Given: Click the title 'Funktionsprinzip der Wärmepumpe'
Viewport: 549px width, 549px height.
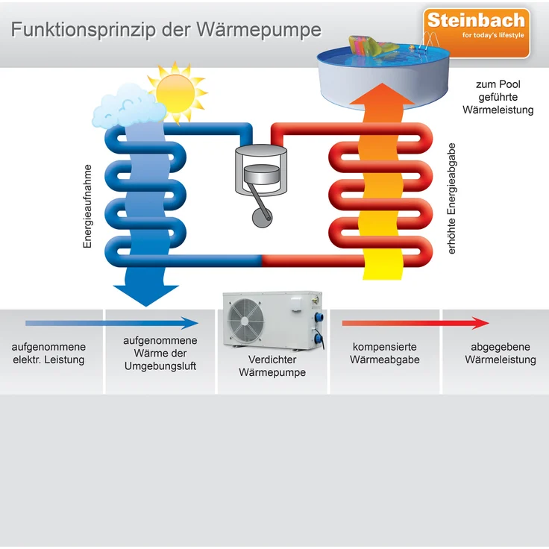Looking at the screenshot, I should [166, 30].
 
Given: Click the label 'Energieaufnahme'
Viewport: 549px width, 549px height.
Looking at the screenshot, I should [88, 206].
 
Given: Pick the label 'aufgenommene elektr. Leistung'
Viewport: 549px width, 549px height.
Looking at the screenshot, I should [48, 354].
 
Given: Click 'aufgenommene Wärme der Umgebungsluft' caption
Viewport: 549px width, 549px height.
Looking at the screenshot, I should [160, 354].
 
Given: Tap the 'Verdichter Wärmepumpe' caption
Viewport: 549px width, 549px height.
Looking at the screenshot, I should [272, 366].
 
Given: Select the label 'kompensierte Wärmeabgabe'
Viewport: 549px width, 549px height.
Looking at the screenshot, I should [386, 354].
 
